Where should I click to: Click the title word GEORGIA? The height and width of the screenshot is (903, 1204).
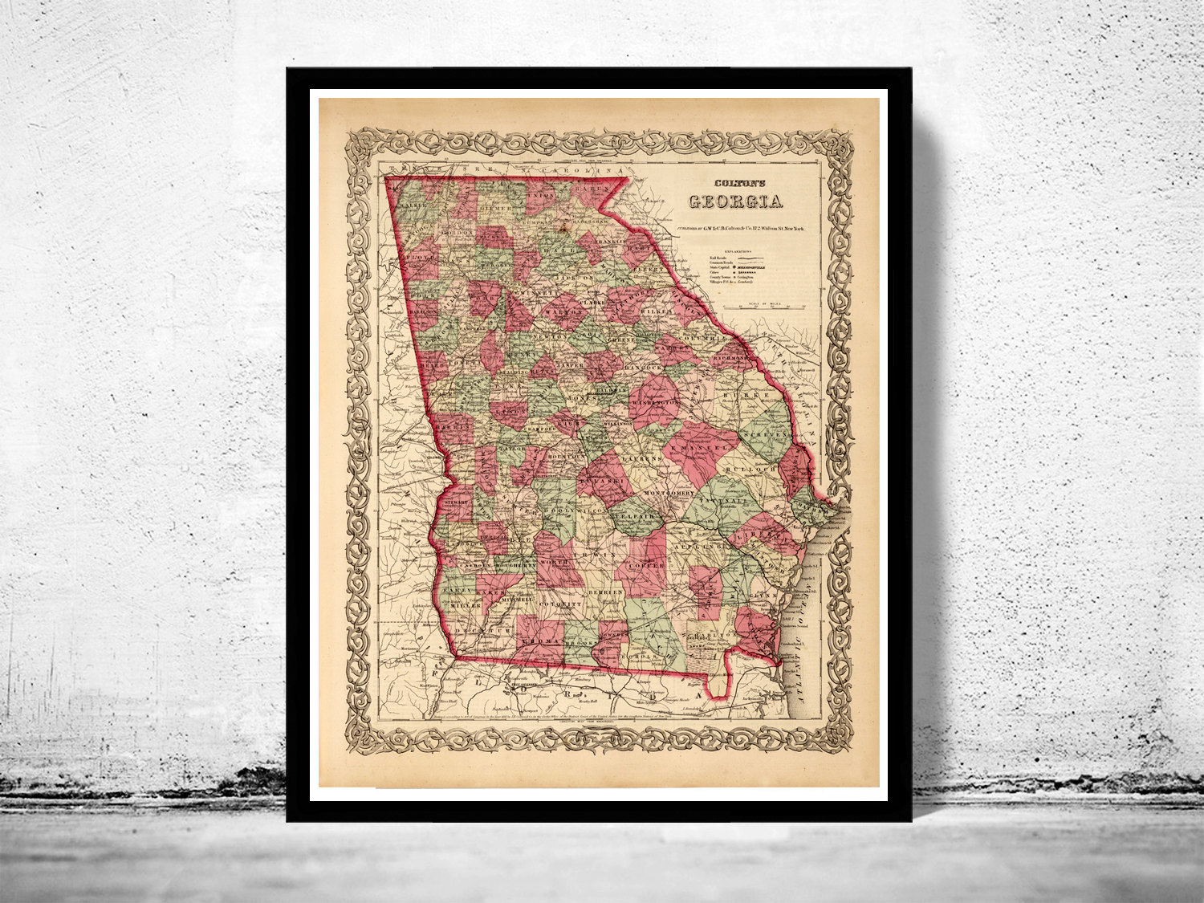coord(735,202)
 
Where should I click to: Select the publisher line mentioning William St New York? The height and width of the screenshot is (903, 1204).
coord(741,228)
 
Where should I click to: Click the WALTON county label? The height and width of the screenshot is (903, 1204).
coord(561,311)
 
